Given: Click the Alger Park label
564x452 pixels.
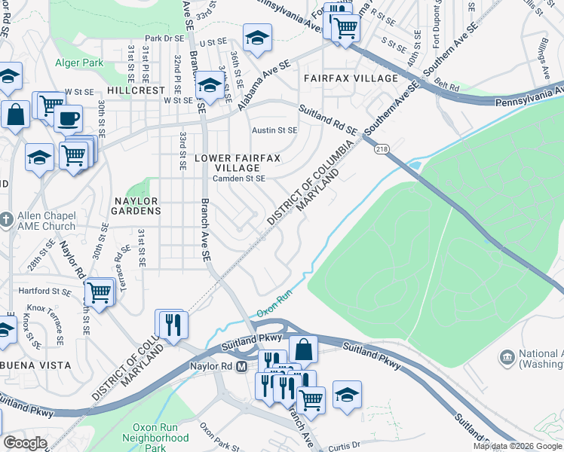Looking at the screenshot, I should pos(78,63).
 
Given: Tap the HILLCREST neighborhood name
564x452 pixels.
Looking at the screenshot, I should pos(136,90).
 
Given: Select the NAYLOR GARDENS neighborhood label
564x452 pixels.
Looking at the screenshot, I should pos(136,206).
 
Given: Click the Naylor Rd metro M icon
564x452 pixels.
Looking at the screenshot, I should pos(242,367).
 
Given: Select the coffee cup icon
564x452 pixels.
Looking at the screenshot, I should pos(69,118).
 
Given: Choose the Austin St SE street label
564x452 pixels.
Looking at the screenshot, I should pos(274,130).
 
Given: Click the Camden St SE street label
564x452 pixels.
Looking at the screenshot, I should pos(238,179).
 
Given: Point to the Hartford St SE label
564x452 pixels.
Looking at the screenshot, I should pos(44,291).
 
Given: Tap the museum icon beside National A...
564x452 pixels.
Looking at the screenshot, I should pos(507,355).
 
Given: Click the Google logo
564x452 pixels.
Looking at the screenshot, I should pos(25,443).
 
